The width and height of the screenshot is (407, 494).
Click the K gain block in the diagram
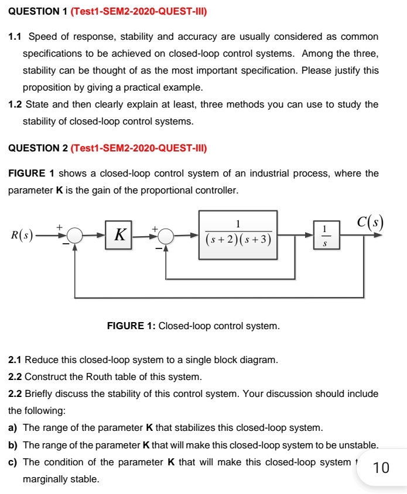pyautogui.click(x=119, y=235)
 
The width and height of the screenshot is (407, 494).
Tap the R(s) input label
pyautogui.click(x=22, y=235)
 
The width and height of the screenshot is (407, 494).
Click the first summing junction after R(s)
pyautogui.click(x=74, y=236)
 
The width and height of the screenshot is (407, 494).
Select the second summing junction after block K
pyautogui.click(x=166, y=236)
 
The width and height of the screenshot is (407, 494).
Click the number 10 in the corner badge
pyautogui.click(x=381, y=468)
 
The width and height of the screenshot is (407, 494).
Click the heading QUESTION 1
pyautogui.click(x=37, y=11)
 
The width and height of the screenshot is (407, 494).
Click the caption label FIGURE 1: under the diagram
pyautogui.click(x=131, y=324)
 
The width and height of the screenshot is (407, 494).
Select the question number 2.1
pyautogui.click(x=16, y=360)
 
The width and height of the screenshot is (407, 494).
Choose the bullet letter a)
pyautogui.click(x=13, y=428)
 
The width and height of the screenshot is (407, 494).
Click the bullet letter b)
pyautogui.click(x=13, y=445)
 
